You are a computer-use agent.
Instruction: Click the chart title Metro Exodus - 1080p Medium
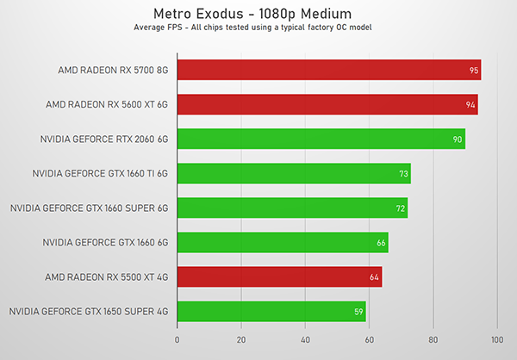pyautogui.click(x=258, y=14)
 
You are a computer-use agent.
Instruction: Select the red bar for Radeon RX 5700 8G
pyautogui.click(x=328, y=70)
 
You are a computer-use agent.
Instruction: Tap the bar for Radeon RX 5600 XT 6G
pyautogui.click(x=327, y=104)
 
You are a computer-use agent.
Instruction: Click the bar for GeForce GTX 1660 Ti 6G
pyautogui.click(x=293, y=173)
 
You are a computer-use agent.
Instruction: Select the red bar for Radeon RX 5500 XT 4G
pyautogui.click(x=279, y=276)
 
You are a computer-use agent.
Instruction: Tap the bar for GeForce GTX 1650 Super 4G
pyautogui.click(x=271, y=311)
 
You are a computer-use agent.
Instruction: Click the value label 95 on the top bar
pyautogui.click(x=474, y=71)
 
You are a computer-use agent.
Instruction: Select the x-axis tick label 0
pyautogui.click(x=178, y=338)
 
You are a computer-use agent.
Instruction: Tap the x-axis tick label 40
pyautogui.click(x=305, y=338)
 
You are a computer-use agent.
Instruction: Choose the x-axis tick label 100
pyautogui.click(x=496, y=338)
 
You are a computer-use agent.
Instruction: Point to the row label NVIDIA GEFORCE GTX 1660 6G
pyautogui.click(x=104, y=242)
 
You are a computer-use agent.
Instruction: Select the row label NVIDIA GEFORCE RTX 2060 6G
pyautogui.click(x=103, y=139)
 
